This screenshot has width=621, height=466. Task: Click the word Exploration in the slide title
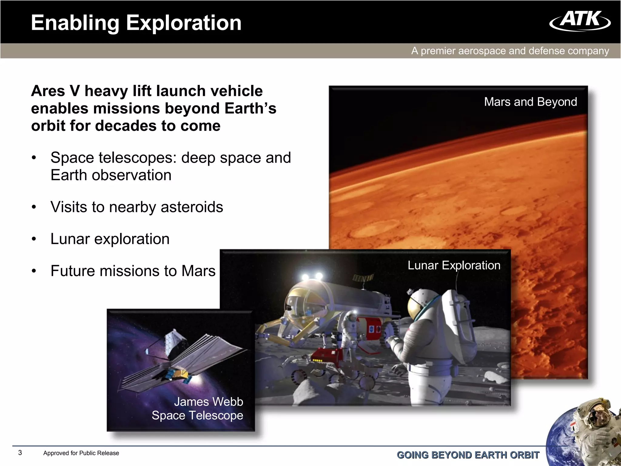click(183, 23)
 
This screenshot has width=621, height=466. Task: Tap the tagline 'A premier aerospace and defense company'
click(510, 51)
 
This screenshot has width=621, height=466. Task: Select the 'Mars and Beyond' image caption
click(530, 102)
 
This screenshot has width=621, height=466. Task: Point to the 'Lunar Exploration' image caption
click(454, 265)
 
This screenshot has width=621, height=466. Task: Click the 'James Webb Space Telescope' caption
click(197, 408)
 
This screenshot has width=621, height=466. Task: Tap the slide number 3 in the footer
click(20, 453)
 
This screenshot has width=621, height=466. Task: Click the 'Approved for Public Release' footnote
click(81, 453)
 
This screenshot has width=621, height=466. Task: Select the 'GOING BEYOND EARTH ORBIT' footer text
click(468, 455)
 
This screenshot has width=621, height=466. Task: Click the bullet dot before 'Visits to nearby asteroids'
click(34, 208)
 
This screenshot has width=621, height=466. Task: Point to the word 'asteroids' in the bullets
click(192, 207)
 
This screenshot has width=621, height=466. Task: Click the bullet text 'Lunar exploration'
click(110, 239)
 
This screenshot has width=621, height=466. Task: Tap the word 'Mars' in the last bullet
click(198, 271)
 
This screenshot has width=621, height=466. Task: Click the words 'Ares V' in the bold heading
click(56, 91)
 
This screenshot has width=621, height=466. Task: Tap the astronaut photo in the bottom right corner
click(594, 425)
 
